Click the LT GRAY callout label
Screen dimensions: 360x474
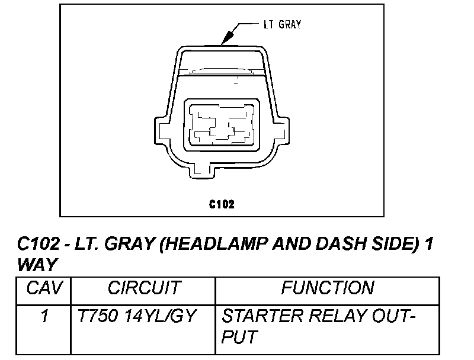coord(282,25)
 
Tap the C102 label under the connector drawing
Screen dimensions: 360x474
coord(222,205)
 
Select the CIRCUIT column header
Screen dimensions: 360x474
coord(143,288)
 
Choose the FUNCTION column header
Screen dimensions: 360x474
coord(328,288)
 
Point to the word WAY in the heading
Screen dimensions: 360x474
coord(37,264)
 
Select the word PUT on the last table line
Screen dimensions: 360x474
coord(239,337)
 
